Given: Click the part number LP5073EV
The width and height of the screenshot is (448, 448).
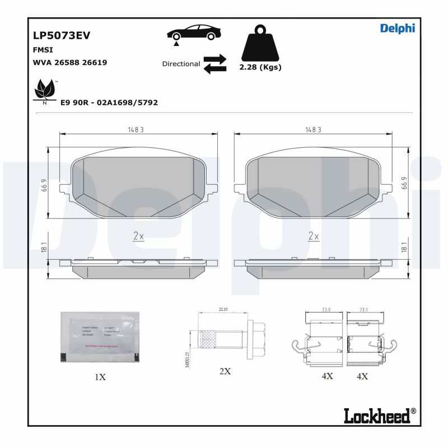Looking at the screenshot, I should (62, 36).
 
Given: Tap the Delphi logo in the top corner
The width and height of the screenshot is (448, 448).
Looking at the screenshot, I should (398, 29).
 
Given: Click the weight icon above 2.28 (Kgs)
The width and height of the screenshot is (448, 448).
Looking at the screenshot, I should (260, 43).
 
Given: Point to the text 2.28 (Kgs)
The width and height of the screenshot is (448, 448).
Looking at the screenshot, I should (260, 67).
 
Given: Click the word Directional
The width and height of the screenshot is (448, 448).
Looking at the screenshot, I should (181, 64).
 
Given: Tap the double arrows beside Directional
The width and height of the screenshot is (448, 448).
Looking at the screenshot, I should (214, 64).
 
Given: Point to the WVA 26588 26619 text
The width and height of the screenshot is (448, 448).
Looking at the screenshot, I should (70, 62).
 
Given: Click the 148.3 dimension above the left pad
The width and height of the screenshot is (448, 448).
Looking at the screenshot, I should (135, 129).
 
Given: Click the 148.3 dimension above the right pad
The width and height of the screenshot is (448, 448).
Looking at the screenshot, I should (312, 129).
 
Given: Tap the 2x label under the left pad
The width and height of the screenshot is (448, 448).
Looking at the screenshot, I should (138, 236).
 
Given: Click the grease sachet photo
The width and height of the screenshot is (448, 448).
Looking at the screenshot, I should (99, 338).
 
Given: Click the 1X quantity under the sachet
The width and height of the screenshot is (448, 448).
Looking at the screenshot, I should (100, 377).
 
